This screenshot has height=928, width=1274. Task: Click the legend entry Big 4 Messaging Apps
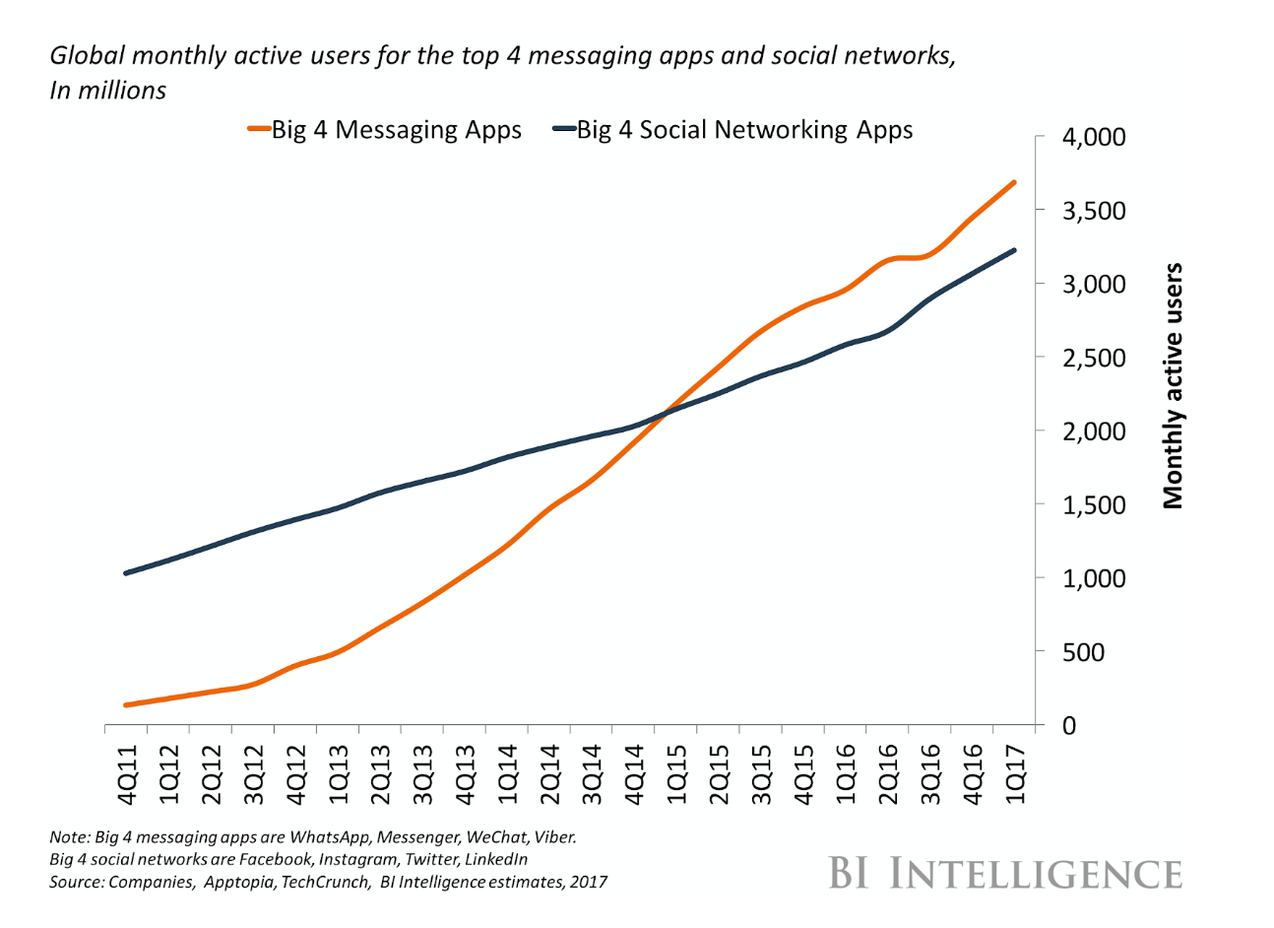(385, 130)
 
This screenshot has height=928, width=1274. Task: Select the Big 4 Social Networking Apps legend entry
(733, 130)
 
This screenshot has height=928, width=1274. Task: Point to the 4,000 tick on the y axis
(1094, 138)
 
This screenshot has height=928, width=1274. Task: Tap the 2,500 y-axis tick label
(1094, 359)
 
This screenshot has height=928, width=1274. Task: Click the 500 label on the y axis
(1083, 652)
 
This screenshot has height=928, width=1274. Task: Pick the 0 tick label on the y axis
(1069, 726)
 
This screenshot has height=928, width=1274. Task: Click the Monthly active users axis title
(1173, 386)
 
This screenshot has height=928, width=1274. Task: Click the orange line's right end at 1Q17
(1014, 182)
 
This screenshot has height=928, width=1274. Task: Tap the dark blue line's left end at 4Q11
(126, 573)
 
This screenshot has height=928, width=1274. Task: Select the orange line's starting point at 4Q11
(126, 705)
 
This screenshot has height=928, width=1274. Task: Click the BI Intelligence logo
(1005, 874)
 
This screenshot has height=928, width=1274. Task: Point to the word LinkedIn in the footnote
(496, 859)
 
